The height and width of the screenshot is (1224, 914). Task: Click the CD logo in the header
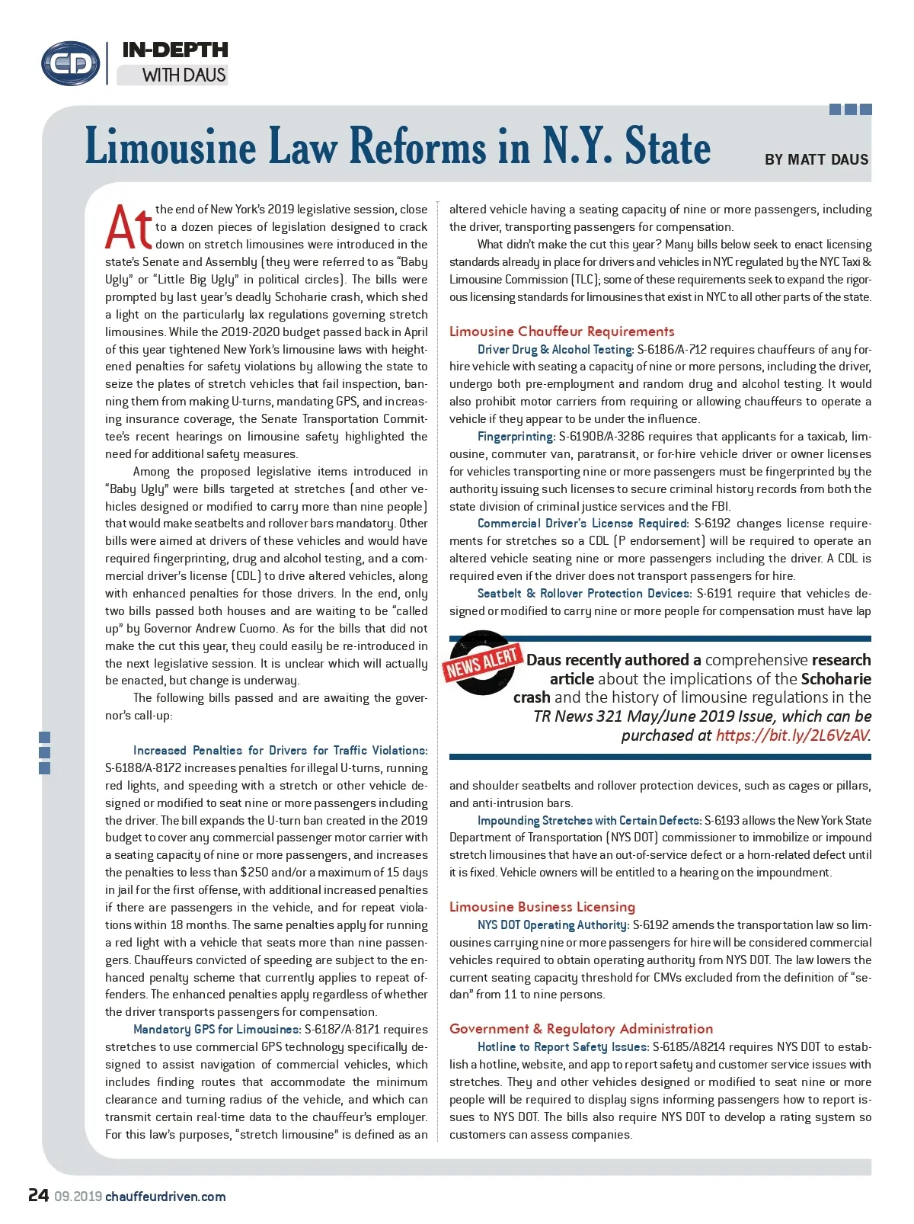(71, 63)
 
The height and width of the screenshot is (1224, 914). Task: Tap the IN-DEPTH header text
(175, 50)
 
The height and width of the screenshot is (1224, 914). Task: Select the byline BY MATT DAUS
(817, 160)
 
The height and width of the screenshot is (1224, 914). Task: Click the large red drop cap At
(129, 227)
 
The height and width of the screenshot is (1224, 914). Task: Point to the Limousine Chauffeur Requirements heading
(561, 332)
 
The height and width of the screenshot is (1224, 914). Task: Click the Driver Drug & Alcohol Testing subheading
(555, 350)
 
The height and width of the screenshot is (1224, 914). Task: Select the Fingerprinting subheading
(516, 437)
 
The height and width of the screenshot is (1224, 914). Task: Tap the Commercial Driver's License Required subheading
(583, 524)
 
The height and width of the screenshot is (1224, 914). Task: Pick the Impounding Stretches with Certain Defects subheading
(589, 821)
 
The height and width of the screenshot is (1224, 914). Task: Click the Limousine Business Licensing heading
(542, 907)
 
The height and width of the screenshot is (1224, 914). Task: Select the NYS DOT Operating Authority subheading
(553, 925)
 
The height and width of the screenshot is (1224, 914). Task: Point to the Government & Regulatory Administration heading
(581, 1029)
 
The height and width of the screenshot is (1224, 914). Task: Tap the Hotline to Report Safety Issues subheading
(563, 1047)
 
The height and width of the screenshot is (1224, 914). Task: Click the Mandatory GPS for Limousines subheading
(216, 1030)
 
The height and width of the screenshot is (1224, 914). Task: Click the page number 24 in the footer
(39, 1195)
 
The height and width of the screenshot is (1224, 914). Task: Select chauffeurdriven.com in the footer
(165, 1197)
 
